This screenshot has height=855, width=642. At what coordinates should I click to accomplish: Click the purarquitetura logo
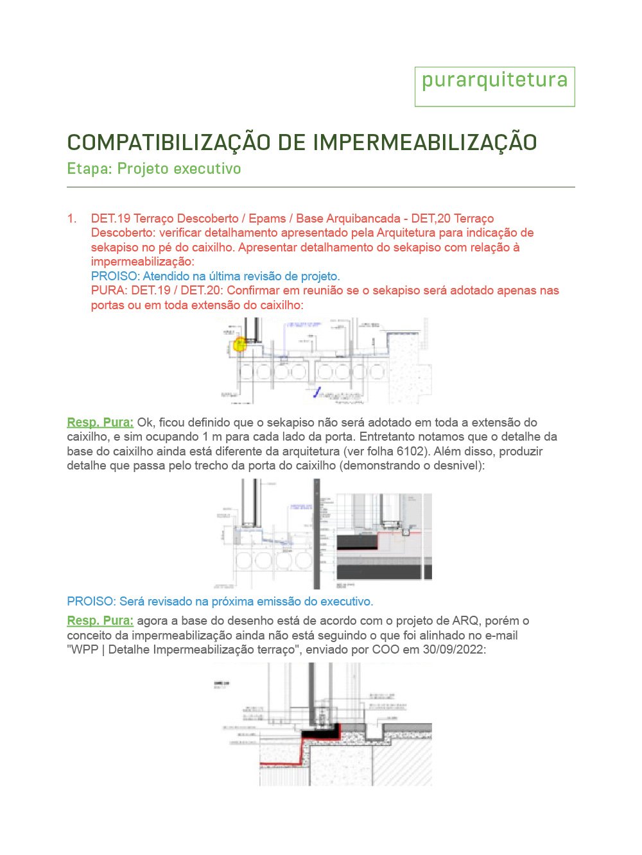pos(494,81)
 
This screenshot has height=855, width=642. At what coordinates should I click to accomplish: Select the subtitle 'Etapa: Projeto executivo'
pos(154,169)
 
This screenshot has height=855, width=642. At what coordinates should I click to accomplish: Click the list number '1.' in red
pos(72,219)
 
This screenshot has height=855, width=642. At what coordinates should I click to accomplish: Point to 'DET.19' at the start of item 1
pos(110,219)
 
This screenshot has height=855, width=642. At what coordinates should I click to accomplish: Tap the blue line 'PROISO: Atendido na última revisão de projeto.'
pos(216,276)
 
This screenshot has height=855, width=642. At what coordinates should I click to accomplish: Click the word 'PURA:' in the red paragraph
pos(109,291)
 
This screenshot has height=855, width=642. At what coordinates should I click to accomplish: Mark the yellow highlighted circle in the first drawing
pos(239,344)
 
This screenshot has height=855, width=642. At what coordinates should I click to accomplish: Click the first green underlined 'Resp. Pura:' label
pos(100,423)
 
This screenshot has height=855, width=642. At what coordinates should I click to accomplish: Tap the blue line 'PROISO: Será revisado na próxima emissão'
pos(220,602)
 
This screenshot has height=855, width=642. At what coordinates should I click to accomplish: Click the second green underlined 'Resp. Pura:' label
pos(100,621)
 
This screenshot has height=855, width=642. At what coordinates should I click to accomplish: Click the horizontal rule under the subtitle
pos(321,187)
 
